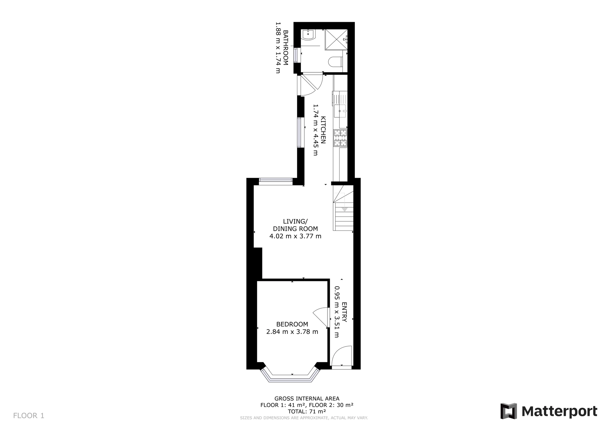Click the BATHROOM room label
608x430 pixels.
[285, 47]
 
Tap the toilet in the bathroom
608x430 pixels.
[335, 62]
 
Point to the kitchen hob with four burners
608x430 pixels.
[340, 138]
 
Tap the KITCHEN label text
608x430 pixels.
[323, 130]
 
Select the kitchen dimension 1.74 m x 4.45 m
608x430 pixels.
[316, 130]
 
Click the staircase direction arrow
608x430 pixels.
[344, 209]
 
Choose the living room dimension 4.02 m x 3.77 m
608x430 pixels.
[295, 236]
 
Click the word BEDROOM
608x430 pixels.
[292, 324]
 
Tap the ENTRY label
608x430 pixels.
[344, 312]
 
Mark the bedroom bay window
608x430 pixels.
[291, 377]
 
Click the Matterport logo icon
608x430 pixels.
[509, 411]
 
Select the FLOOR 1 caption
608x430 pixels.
[29, 415]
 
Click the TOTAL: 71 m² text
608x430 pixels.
[307, 411]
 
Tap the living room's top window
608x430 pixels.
[275, 182]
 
